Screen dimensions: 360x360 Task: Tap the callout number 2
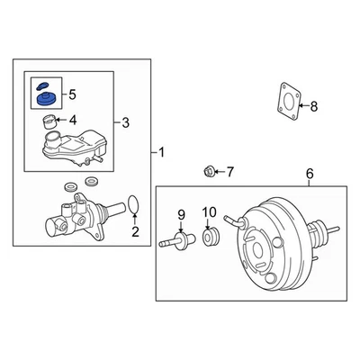[136, 235]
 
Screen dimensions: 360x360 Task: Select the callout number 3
[126, 121]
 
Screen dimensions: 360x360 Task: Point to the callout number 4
[73, 120]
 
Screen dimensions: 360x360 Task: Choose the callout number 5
[73, 94]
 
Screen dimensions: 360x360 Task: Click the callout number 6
[310, 173]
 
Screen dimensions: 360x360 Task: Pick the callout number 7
[229, 171]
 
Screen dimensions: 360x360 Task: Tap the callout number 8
[313, 107]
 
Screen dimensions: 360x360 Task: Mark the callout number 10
[209, 213]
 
